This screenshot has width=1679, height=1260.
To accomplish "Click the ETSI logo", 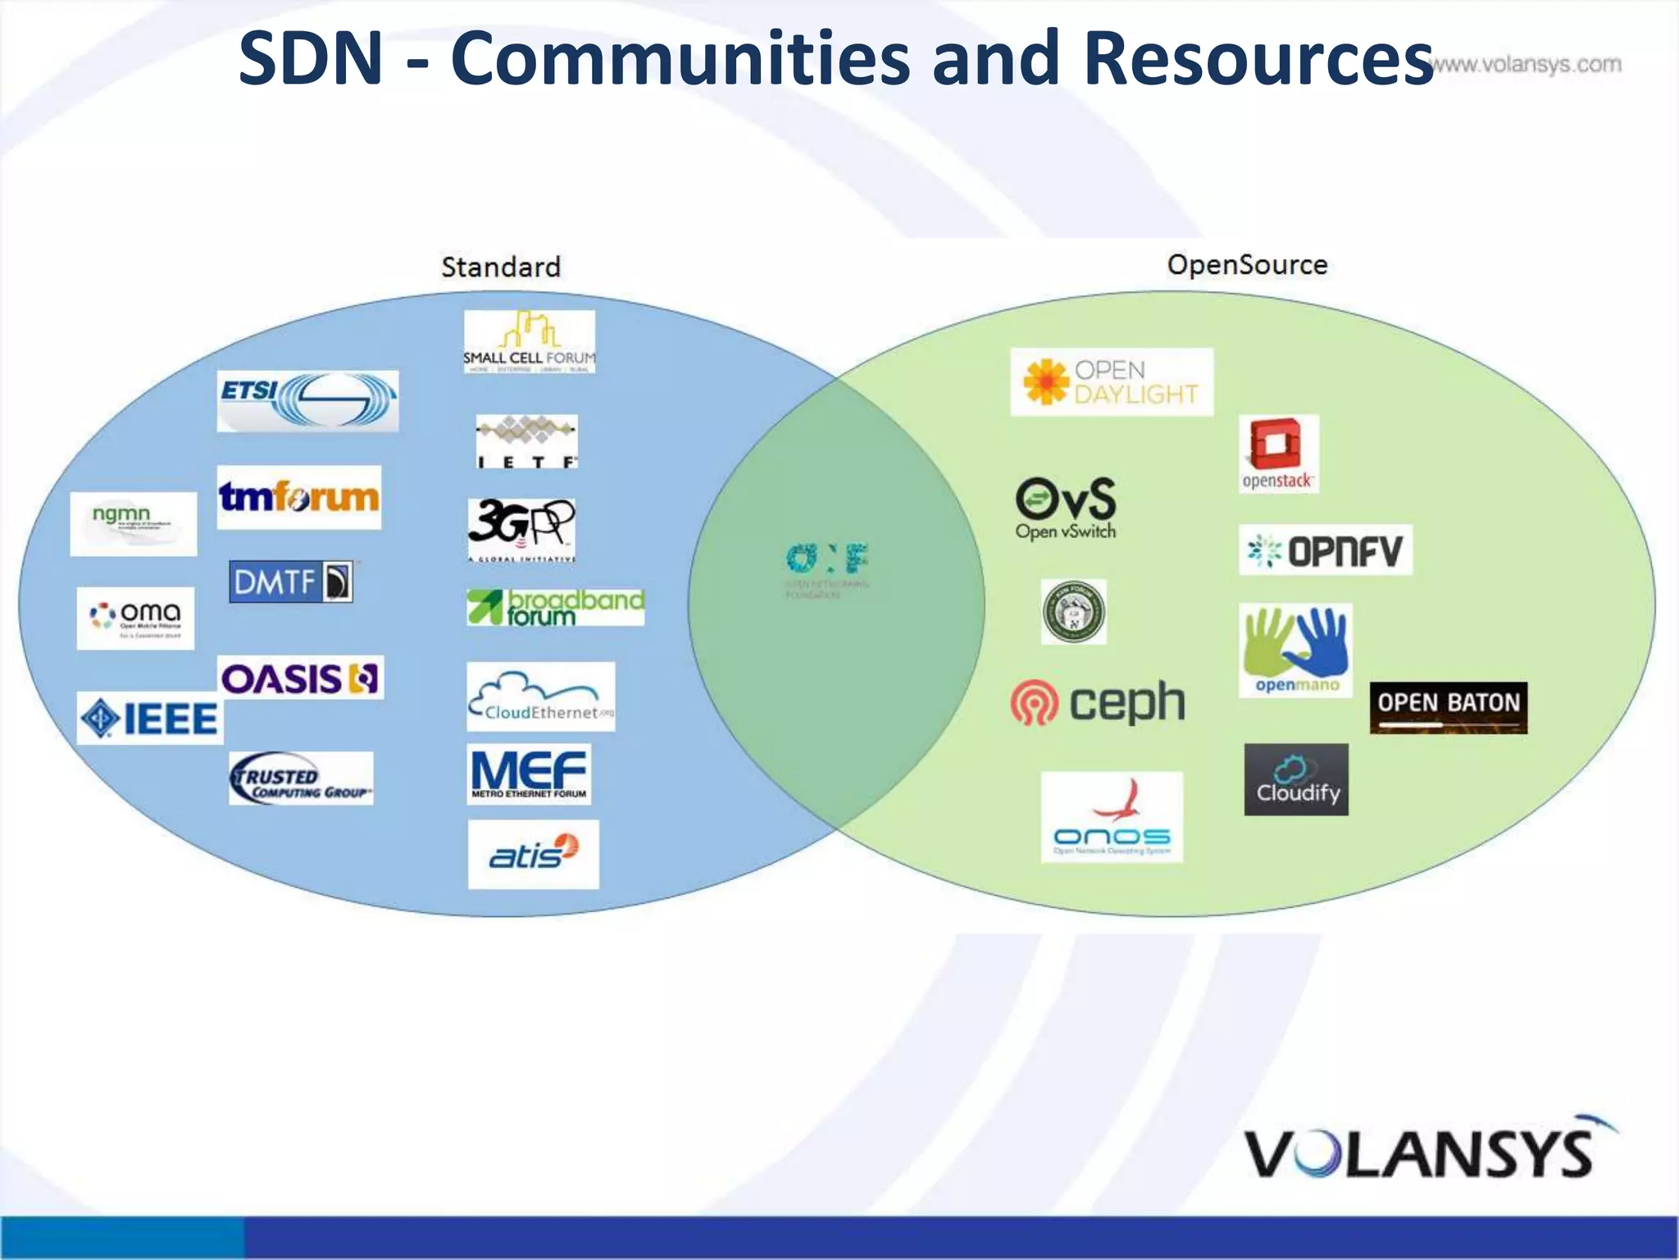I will (307, 400).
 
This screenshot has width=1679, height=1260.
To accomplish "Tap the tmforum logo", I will (299, 497).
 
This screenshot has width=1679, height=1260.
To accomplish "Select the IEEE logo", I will (150, 719).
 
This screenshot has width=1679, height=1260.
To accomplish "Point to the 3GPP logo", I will (521, 529).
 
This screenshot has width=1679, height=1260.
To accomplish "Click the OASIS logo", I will (301, 678).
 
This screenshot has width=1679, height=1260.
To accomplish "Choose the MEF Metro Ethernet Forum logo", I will (529, 774).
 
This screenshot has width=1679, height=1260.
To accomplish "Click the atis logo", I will (533, 854).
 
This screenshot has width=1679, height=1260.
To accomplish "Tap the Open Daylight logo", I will (1111, 382).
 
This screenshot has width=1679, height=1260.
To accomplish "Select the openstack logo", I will (1278, 454).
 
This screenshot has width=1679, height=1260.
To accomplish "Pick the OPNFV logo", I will (1325, 550).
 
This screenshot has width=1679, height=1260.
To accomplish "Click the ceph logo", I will (1098, 703).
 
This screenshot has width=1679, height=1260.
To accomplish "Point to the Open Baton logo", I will (1448, 707).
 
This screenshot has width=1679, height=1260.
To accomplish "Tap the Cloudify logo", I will (1296, 779).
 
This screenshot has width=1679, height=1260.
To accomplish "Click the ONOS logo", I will (1112, 817).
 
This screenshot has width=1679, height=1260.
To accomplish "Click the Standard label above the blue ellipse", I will (501, 267).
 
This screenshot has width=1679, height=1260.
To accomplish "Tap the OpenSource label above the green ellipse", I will (1246, 265).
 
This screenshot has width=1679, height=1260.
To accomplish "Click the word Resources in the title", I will (1258, 59).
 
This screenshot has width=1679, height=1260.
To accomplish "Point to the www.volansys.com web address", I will (1527, 65).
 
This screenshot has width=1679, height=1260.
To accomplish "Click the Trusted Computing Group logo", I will (301, 778).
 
